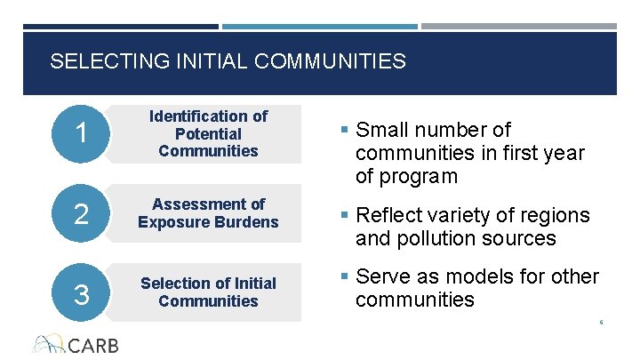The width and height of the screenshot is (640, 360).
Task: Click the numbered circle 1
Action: point(81,134)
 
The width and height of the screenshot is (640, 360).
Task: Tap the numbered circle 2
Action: point(81,213)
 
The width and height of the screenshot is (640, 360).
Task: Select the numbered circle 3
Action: point(81,292)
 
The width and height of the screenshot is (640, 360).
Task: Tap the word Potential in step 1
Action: point(208,133)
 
